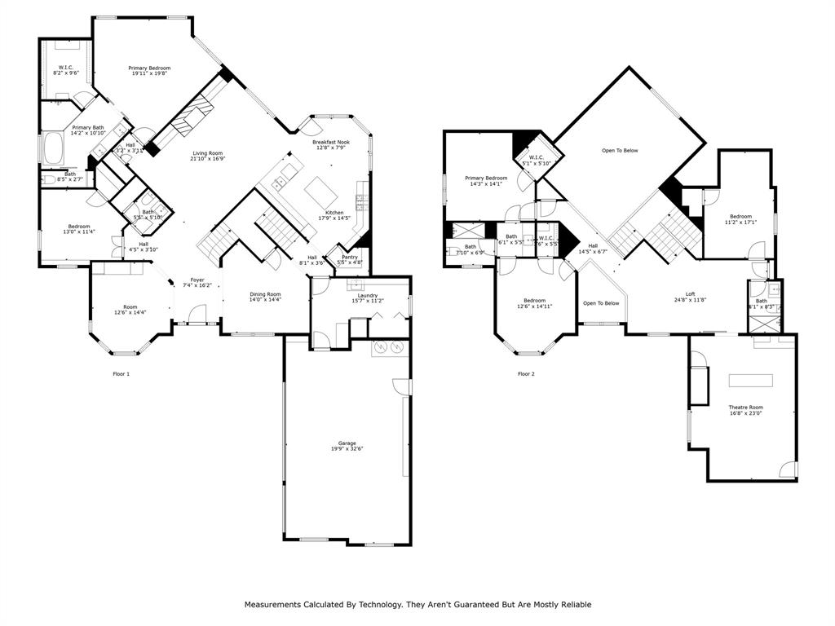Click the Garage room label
click(347, 443)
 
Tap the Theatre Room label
click(745, 408)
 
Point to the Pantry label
click(349, 258)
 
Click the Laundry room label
click(367, 295)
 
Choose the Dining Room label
click(265, 294)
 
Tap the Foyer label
click(198, 280)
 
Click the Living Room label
click(207, 153)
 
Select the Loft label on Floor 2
click(690, 294)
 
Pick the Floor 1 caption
click(121, 374)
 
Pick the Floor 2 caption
click(526, 374)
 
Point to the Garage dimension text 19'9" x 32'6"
click(347, 449)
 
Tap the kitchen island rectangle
click(320, 194)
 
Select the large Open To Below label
click(620, 151)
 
